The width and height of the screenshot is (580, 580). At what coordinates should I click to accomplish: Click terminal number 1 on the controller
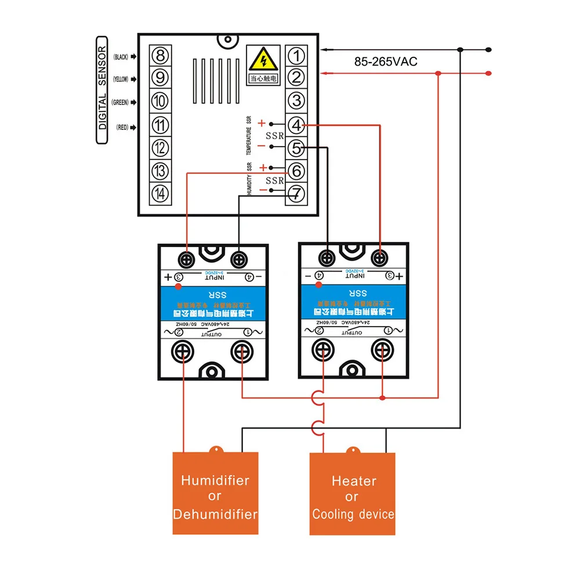tap(296, 56)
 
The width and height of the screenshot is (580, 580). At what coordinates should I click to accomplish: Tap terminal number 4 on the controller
tap(296, 125)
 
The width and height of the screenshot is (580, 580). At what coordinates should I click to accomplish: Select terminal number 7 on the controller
tap(296, 192)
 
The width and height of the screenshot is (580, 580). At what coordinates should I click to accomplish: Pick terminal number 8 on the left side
tap(160, 56)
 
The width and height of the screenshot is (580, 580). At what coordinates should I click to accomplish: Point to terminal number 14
tap(160, 192)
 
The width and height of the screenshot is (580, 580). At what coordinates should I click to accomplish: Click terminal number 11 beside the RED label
tap(160, 125)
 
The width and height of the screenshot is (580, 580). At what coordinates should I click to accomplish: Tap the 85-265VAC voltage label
tap(386, 62)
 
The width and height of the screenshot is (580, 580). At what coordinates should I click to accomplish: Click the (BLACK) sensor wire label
tap(121, 57)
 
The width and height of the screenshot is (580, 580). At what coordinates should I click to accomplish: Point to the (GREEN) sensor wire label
tap(120, 103)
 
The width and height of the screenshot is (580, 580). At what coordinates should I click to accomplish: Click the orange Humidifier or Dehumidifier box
tap(215, 494)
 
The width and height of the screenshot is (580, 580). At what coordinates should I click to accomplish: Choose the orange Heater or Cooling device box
tap(352, 494)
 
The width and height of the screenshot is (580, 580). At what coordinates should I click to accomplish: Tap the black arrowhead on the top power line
tap(324, 49)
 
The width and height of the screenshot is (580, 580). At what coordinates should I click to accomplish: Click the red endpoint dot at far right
tap(488, 73)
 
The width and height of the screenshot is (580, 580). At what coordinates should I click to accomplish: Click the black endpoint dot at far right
tap(488, 49)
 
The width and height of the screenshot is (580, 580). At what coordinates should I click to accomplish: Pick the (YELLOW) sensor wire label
tap(120, 79)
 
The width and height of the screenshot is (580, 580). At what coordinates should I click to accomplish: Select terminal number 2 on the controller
tap(296, 78)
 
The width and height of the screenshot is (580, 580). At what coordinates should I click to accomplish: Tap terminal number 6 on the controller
tap(296, 171)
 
